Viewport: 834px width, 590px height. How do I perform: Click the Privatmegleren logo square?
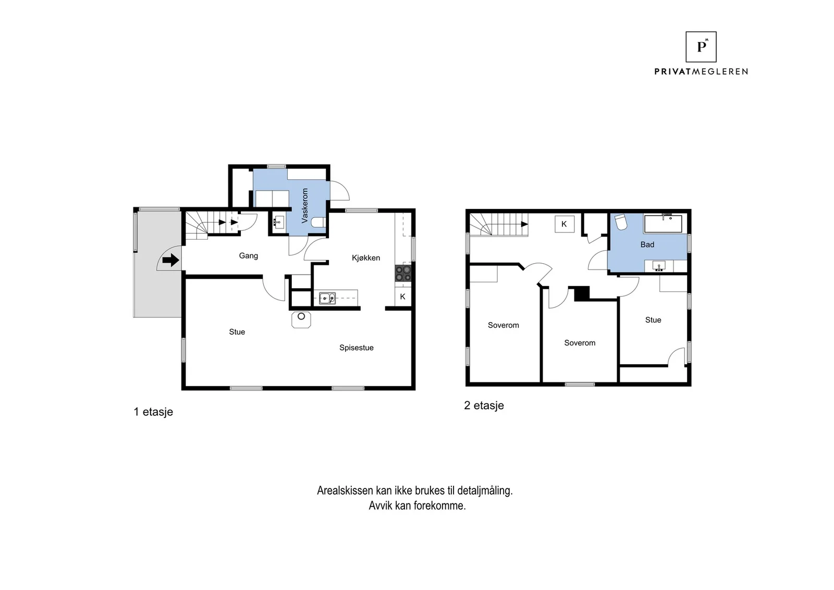[701, 47]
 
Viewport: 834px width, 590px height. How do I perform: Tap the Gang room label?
[248, 256]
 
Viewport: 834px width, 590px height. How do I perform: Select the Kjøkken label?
[366, 257]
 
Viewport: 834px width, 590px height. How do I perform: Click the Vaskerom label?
[304, 205]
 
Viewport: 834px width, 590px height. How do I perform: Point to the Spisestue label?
[357, 348]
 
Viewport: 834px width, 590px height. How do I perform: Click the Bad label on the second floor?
[647, 244]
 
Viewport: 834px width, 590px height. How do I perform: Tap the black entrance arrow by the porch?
[171, 260]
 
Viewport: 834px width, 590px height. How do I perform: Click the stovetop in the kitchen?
[403, 273]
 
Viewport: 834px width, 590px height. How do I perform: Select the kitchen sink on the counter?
[327, 298]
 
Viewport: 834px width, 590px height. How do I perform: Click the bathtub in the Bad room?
[663, 224]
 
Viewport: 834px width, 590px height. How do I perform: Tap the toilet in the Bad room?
[621, 222]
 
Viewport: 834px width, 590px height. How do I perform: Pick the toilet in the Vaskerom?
[318, 223]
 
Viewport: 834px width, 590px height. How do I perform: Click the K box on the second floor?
[565, 224]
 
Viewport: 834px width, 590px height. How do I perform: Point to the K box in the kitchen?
[403, 297]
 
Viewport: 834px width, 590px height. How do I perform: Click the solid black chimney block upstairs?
[582, 293]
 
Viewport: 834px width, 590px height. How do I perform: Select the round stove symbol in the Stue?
[301, 319]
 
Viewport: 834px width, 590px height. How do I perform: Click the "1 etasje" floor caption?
[153, 412]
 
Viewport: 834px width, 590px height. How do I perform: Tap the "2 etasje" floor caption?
[484, 405]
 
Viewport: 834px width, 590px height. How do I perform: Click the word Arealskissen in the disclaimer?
[345, 490]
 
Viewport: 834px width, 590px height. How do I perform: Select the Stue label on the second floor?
[653, 320]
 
